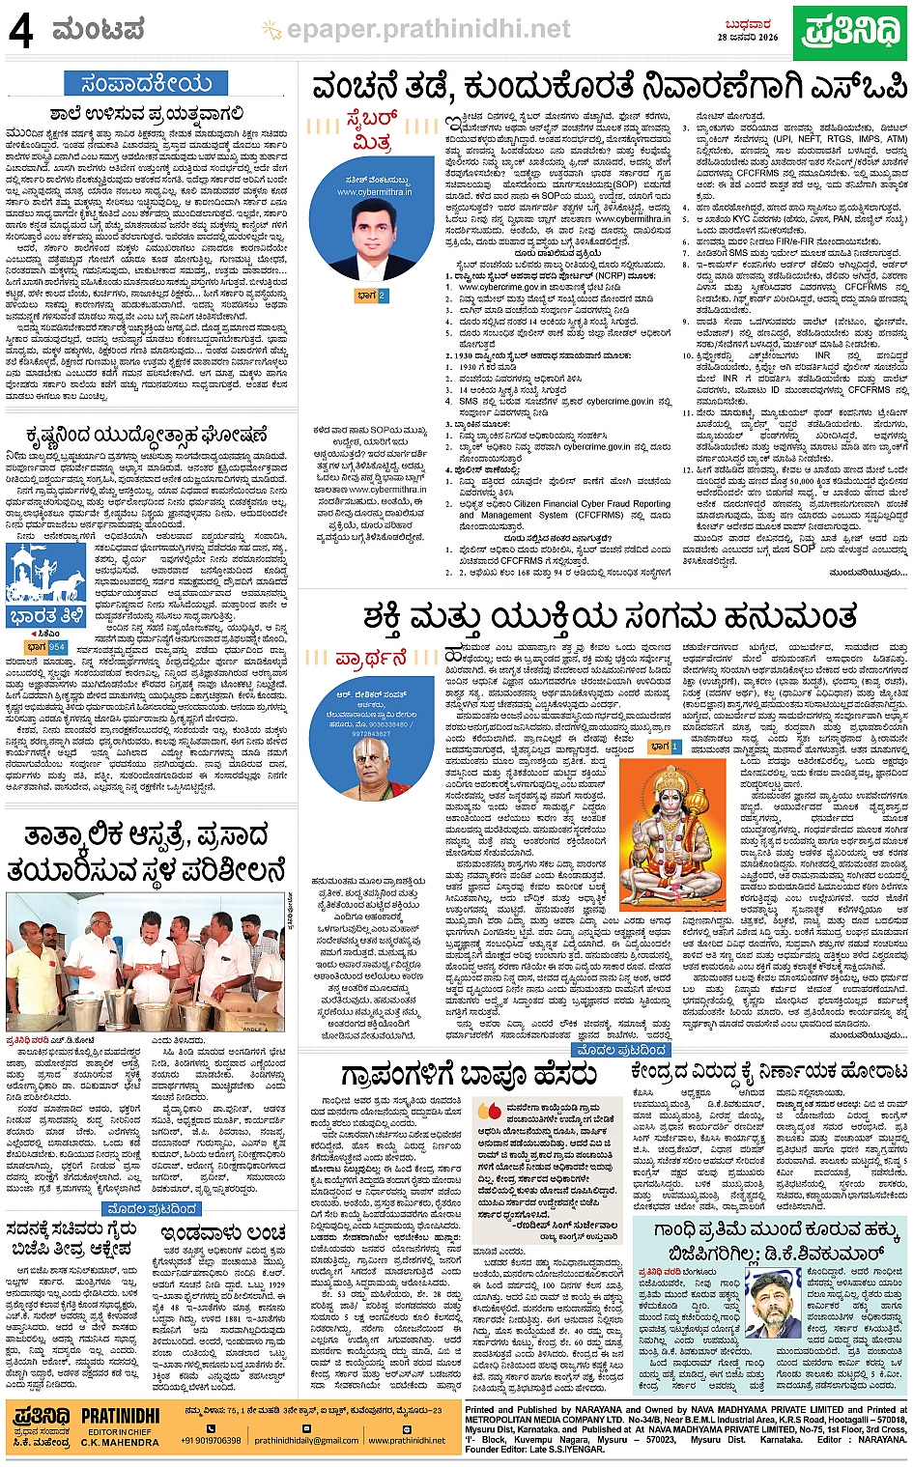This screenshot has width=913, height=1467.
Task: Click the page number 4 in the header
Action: [x=20, y=31]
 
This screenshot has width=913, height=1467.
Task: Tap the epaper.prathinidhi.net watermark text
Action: [x=428, y=30]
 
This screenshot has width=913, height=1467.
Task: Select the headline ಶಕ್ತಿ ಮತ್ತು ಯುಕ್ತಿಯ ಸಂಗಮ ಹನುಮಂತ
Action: [x=610, y=617]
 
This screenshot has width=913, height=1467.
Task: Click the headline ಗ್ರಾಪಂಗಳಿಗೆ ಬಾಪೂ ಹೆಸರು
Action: [x=469, y=1074]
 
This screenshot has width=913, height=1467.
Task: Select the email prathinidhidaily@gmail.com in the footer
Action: [x=306, y=1440]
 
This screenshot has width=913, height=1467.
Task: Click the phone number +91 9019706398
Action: [x=211, y=1440]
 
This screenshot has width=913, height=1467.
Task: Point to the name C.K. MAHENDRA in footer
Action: [x=120, y=1442]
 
